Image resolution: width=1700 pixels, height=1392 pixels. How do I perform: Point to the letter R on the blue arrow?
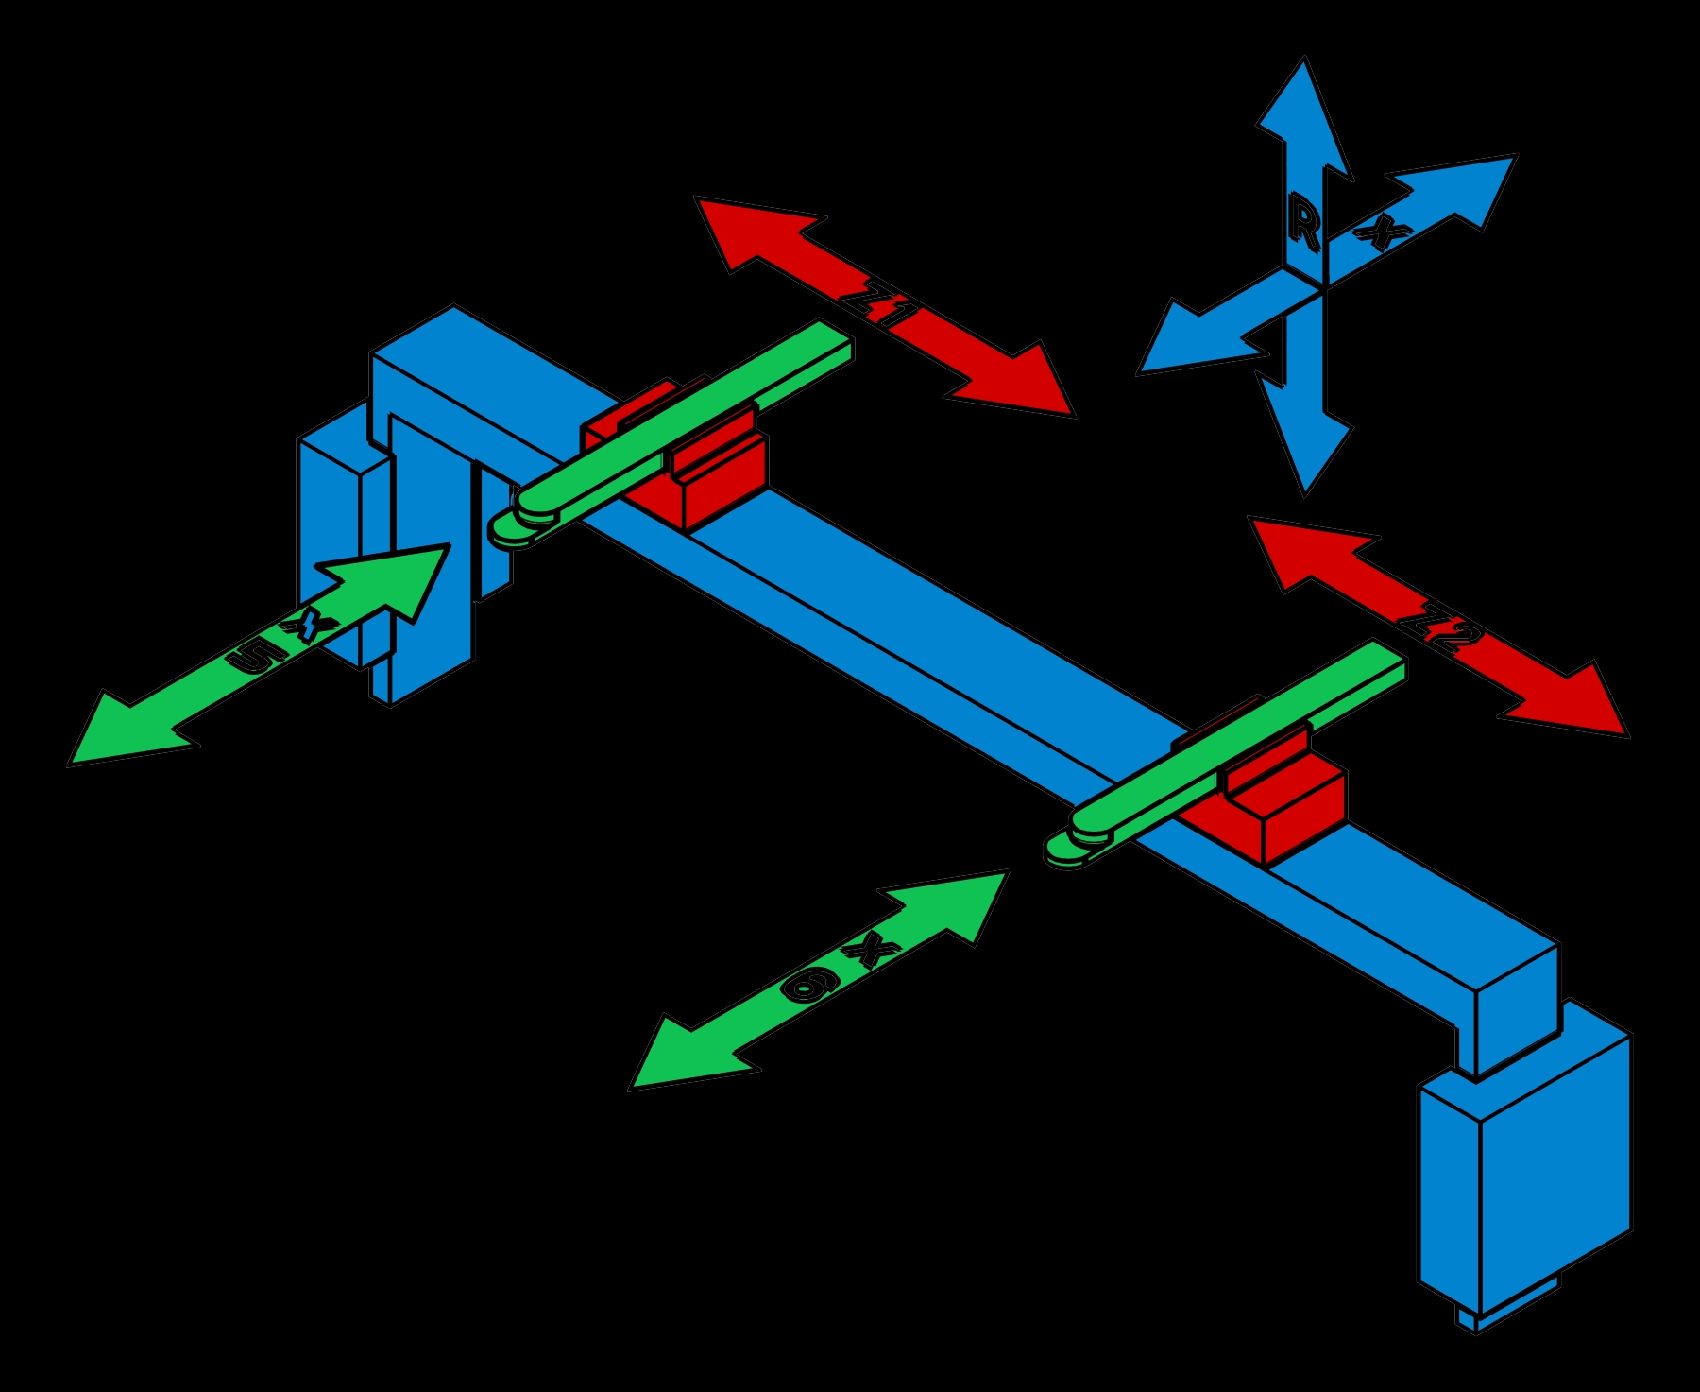point(1304,228)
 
